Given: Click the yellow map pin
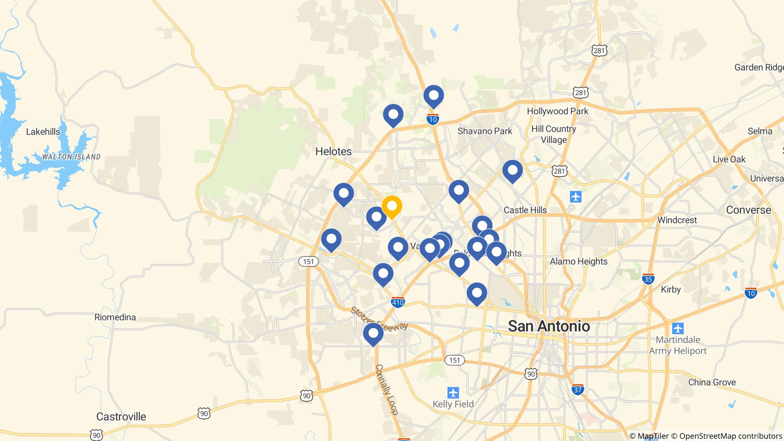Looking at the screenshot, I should click(392, 206).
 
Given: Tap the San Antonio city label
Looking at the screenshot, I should click(549, 326).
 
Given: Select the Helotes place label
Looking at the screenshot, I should click(333, 152).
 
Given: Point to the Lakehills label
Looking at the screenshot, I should click(43, 132).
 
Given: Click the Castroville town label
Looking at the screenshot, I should click(121, 416).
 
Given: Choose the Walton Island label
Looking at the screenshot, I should click(71, 157).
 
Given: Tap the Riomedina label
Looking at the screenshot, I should click(115, 317).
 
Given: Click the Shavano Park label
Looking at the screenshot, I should click(485, 131).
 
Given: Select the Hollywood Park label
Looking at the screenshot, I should click(557, 111).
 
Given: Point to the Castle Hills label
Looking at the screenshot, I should click(525, 210).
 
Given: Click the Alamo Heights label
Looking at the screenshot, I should click(578, 261).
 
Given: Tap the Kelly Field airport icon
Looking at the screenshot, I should click(453, 393).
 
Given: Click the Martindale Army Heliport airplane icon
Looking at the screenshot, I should click(678, 328).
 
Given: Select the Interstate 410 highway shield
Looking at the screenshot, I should click(398, 302).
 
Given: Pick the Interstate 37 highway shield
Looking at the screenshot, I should click(578, 389).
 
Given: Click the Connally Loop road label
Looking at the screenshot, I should click(387, 389).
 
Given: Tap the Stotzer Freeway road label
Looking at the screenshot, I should click(379, 319).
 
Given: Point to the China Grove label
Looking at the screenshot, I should click(712, 382).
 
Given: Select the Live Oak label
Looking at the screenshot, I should click(729, 159).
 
